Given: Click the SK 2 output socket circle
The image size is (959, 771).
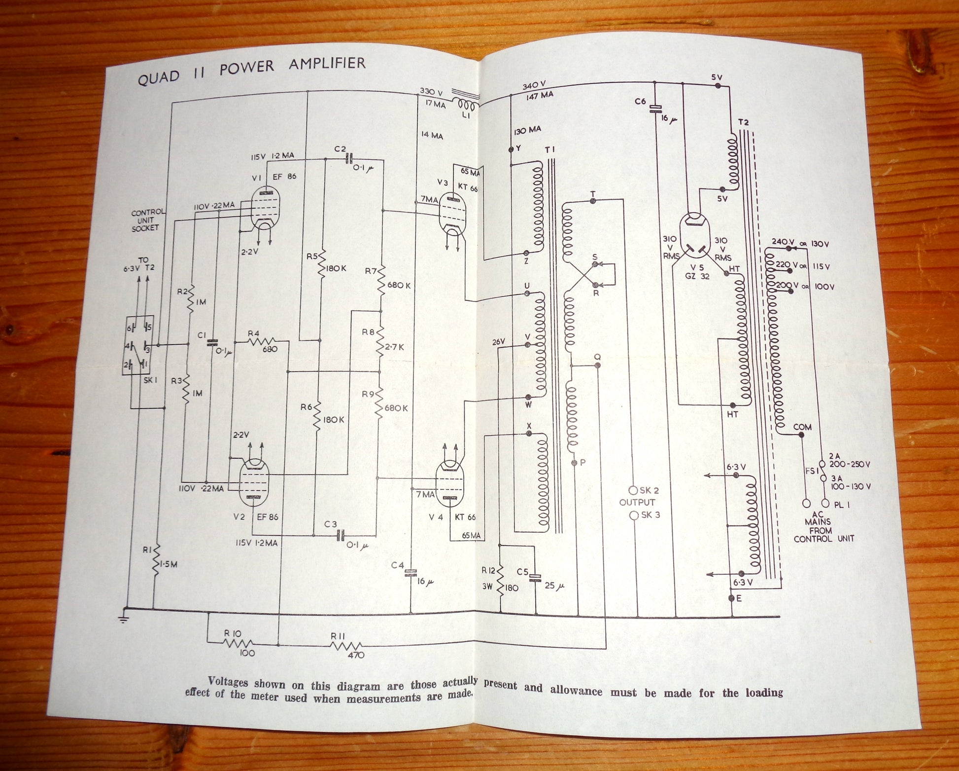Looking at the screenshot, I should [633, 490].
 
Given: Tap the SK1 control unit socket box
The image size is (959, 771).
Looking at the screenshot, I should [138, 345].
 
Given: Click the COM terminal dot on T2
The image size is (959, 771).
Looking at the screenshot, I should [801, 435].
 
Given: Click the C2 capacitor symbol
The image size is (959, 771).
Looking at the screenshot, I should [349, 158].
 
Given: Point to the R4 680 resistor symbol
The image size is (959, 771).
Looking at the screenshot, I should [261, 342].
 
